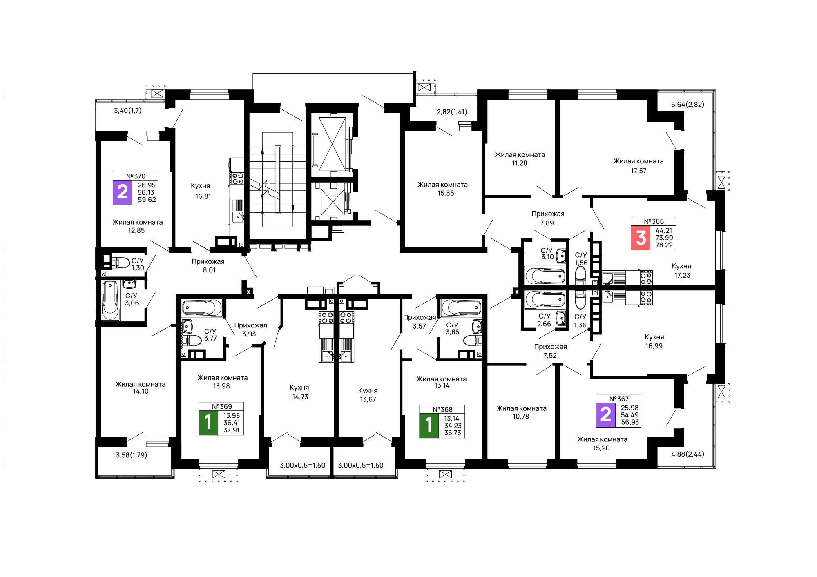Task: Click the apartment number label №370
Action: (x=136, y=176)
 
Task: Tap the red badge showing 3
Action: (x=641, y=238)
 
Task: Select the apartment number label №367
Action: (x=619, y=399)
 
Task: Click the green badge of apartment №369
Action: (x=208, y=423)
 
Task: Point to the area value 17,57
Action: (x=638, y=171)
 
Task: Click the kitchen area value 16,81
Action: (x=203, y=196)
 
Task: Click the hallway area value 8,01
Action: (x=209, y=270)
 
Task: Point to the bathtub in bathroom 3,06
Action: (x=110, y=300)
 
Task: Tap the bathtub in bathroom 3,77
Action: (x=202, y=307)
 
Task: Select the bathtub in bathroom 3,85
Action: (x=461, y=307)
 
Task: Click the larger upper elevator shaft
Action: (x=332, y=144)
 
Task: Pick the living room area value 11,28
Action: (x=520, y=163)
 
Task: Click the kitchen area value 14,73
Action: (x=300, y=397)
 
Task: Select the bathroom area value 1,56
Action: (x=581, y=263)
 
